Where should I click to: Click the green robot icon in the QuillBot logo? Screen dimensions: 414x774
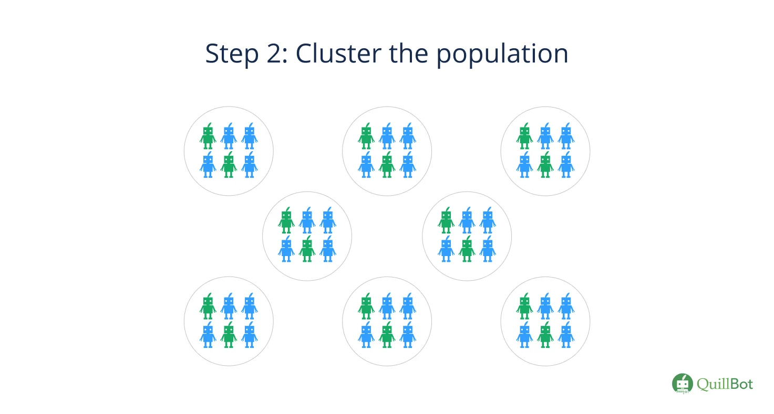683,384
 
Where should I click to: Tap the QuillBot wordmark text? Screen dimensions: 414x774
725,384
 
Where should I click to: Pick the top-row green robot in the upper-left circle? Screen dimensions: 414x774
208,136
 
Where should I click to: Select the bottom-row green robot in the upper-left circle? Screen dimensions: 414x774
229,165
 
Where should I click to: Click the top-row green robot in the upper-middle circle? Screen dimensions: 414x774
366,136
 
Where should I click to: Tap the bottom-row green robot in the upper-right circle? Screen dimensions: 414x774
545,165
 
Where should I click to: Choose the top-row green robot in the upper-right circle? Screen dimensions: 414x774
524,136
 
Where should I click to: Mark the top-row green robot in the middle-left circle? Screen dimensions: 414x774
286,220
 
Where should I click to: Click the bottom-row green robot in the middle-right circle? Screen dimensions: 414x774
467,249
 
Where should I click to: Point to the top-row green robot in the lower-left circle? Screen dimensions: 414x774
208,306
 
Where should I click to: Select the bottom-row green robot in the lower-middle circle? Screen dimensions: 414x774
387,335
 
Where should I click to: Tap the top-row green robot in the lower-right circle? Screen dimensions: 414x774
524,306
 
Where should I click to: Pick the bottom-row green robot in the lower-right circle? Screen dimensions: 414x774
545,335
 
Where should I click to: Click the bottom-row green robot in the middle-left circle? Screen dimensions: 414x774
307,249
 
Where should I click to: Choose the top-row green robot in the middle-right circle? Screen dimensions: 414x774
446,220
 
